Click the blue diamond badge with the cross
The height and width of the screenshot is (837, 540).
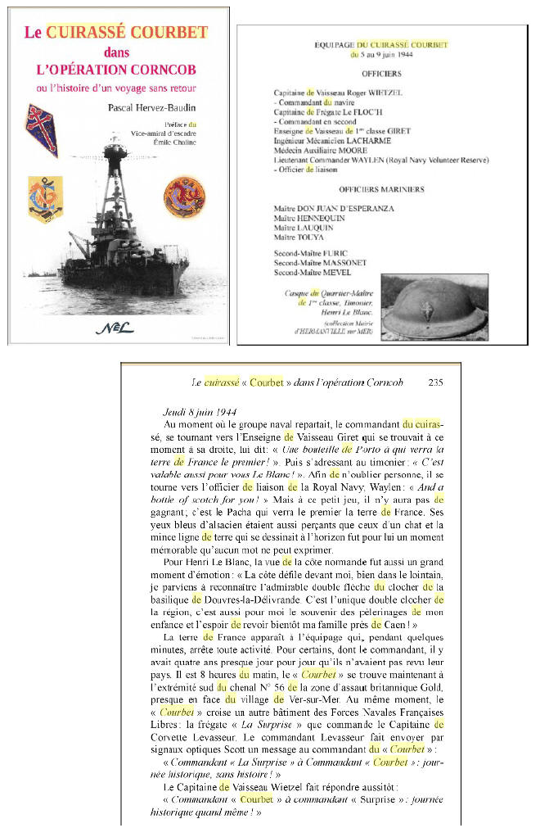[x=42, y=129]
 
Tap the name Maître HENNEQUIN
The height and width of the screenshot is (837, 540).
[x=310, y=219]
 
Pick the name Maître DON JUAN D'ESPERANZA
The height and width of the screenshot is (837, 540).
[x=334, y=209]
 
